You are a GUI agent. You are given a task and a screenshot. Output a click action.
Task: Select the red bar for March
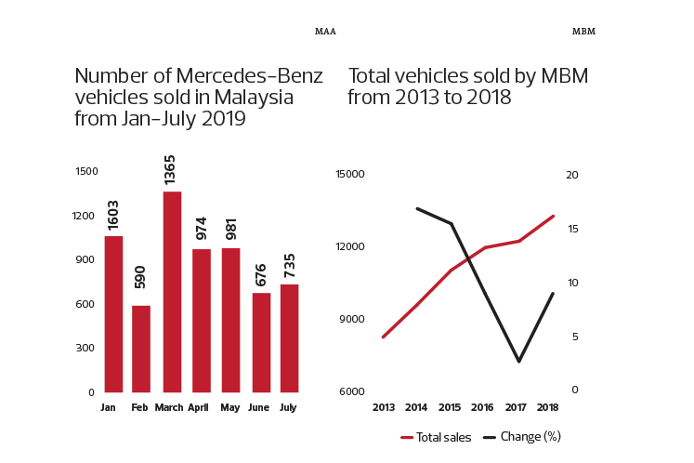[x=172, y=292]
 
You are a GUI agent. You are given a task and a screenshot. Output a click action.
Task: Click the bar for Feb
[x=141, y=350]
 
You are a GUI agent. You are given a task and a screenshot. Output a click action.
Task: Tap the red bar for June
[x=262, y=342]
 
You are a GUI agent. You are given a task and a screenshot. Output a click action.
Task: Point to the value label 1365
[x=169, y=170]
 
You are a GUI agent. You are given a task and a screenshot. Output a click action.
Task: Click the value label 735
[x=290, y=266]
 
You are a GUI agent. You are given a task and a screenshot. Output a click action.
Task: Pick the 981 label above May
[x=231, y=229]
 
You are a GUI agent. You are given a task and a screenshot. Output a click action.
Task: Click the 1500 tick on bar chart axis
[x=86, y=171]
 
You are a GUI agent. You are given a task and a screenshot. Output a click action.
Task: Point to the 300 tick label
[x=85, y=348]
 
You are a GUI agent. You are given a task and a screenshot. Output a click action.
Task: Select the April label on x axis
[x=198, y=407]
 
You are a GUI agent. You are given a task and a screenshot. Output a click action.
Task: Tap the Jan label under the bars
[x=108, y=407]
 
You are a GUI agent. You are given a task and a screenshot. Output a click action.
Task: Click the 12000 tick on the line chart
[x=350, y=246]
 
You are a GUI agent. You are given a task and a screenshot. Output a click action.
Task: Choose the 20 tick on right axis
[x=572, y=175]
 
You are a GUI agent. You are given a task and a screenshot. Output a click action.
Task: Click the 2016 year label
[x=482, y=407]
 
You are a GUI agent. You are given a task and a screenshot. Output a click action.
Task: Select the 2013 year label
[x=384, y=407]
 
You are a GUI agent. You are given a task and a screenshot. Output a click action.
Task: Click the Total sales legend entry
[x=436, y=437]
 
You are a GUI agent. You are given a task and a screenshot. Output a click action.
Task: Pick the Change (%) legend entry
[x=522, y=437]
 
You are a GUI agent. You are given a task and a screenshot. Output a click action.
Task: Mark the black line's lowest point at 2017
[x=519, y=362]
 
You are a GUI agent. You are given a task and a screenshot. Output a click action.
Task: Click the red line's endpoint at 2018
[x=554, y=217]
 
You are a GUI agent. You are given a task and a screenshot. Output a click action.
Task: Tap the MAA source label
[x=325, y=32]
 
